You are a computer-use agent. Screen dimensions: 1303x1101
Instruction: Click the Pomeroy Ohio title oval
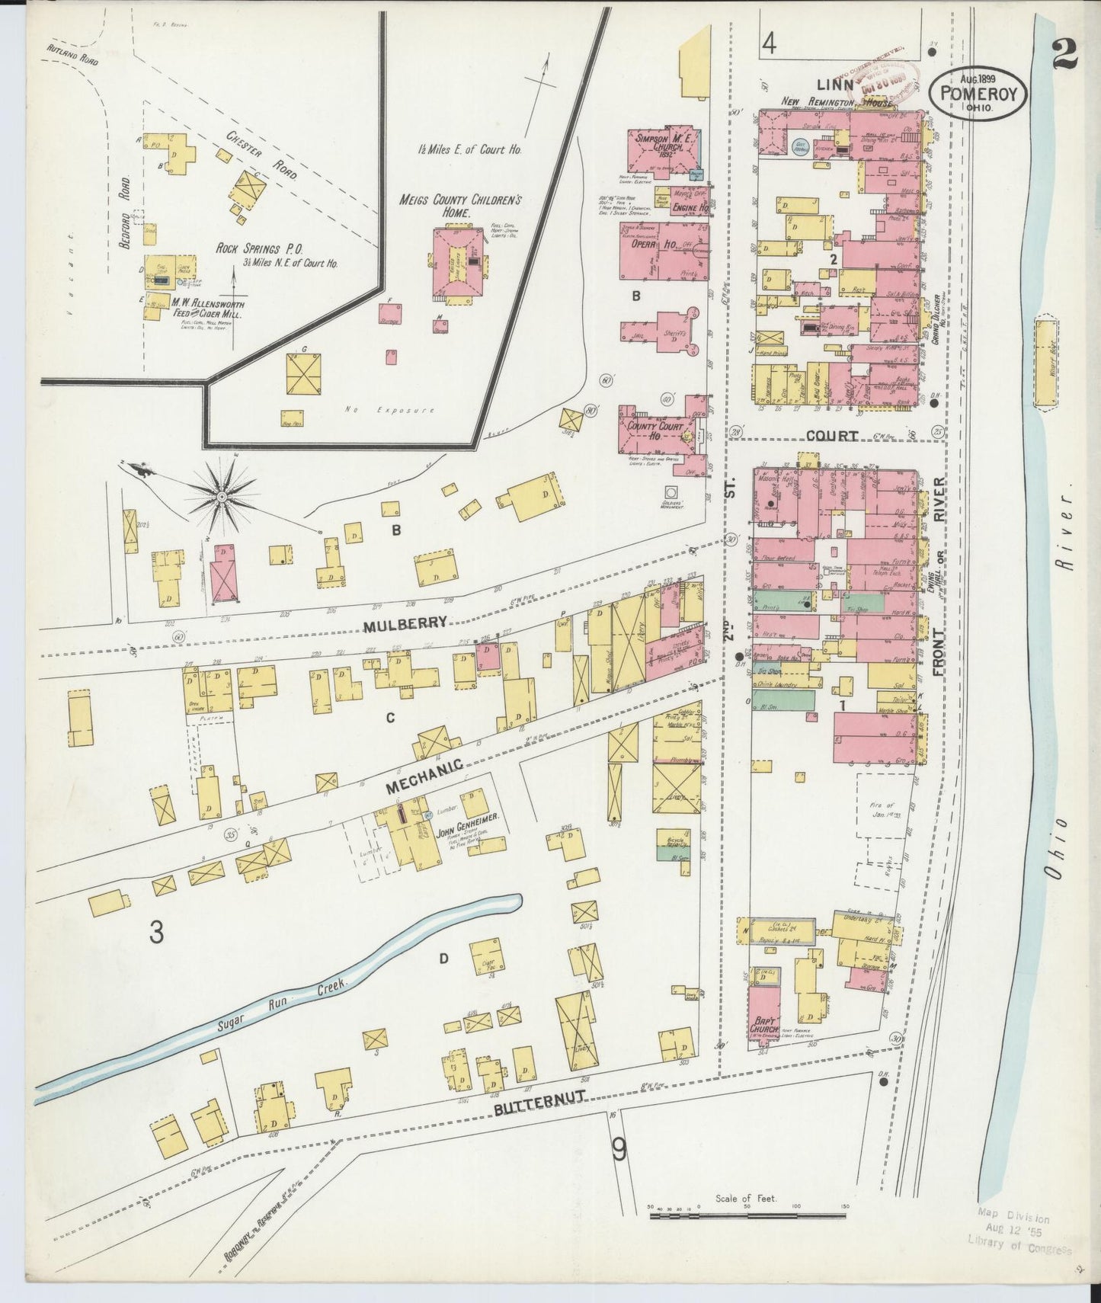(x=978, y=92)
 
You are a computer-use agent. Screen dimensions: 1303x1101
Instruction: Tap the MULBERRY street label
(x=405, y=623)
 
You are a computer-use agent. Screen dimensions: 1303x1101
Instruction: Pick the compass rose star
(x=222, y=497)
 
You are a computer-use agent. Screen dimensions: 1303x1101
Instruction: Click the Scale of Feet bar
(x=748, y=1213)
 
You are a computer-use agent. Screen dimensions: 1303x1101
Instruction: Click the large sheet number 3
(x=156, y=932)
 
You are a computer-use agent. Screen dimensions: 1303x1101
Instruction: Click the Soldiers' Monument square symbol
(x=672, y=492)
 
